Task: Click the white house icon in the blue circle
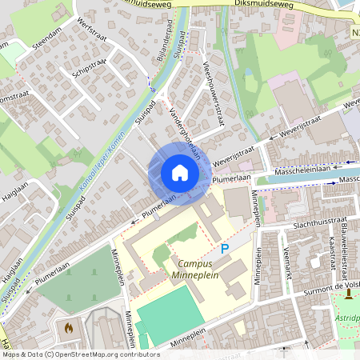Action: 179,172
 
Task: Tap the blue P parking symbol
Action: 225,250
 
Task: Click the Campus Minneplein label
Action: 195,270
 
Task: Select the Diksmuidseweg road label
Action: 265,5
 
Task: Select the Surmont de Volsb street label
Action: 330,286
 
